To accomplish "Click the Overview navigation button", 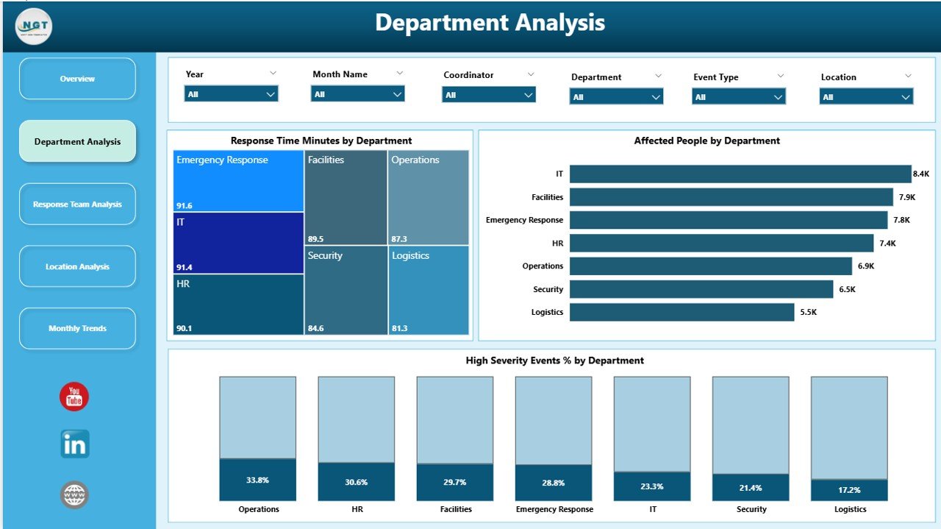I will click(x=77, y=79).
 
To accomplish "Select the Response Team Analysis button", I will click(x=77, y=205).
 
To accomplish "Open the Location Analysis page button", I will click(x=77, y=266).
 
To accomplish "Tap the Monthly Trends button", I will click(x=77, y=328).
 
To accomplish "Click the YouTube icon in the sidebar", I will click(x=74, y=397).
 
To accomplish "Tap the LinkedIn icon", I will click(x=74, y=444).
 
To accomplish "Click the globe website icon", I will click(x=74, y=495).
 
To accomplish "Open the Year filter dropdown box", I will click(x=231, y=94).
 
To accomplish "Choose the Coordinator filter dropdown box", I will click(x=488, y=95).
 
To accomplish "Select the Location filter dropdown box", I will click(x=866, y=97).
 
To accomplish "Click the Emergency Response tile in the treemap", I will click(x=238, y=180).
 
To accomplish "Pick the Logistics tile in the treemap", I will click(x=429, y=290).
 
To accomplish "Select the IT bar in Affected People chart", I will click(x=740, y=174).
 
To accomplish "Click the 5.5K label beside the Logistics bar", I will click(x=808, y=313).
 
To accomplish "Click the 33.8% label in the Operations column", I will click(x=257, y=480).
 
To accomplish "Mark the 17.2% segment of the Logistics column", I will click(x=849, y=489).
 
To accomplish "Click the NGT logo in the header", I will click(x=34, y=26).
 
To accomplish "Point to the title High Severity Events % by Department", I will click(x=554, y=361).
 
